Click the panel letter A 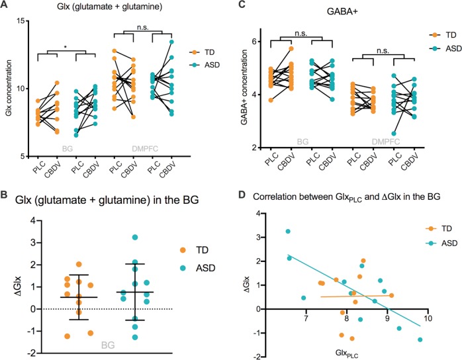(x=5, y=6)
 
